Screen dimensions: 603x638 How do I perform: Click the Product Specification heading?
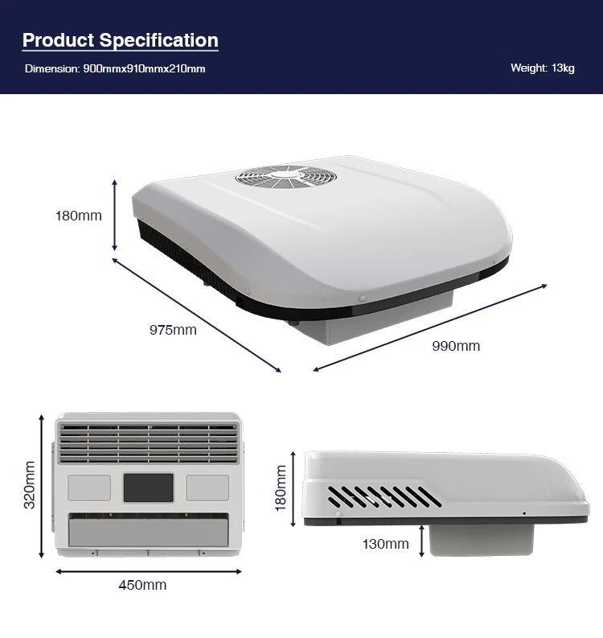coord(120,40)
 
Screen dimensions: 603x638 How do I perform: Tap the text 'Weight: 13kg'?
coord(542,68)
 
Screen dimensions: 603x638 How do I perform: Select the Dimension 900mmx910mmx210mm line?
coord(115,68)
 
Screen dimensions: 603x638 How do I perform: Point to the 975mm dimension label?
coord(172,329)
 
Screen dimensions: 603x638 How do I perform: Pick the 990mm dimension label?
coord(456,346)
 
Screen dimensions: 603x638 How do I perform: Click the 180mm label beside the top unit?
coord(79,216)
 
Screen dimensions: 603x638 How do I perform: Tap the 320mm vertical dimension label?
coord(30,484)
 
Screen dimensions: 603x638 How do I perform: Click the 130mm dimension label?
coord(386,544)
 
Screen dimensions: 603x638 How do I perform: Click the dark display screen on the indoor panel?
coord(148,488)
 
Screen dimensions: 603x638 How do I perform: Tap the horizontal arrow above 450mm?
coord(148,571)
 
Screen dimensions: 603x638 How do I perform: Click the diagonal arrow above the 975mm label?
coord(197,315)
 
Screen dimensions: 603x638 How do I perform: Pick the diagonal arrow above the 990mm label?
coord(430,327)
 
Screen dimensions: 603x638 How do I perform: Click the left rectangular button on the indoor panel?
coord(89,487)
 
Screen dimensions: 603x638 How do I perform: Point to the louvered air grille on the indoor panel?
coord(148,443)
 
